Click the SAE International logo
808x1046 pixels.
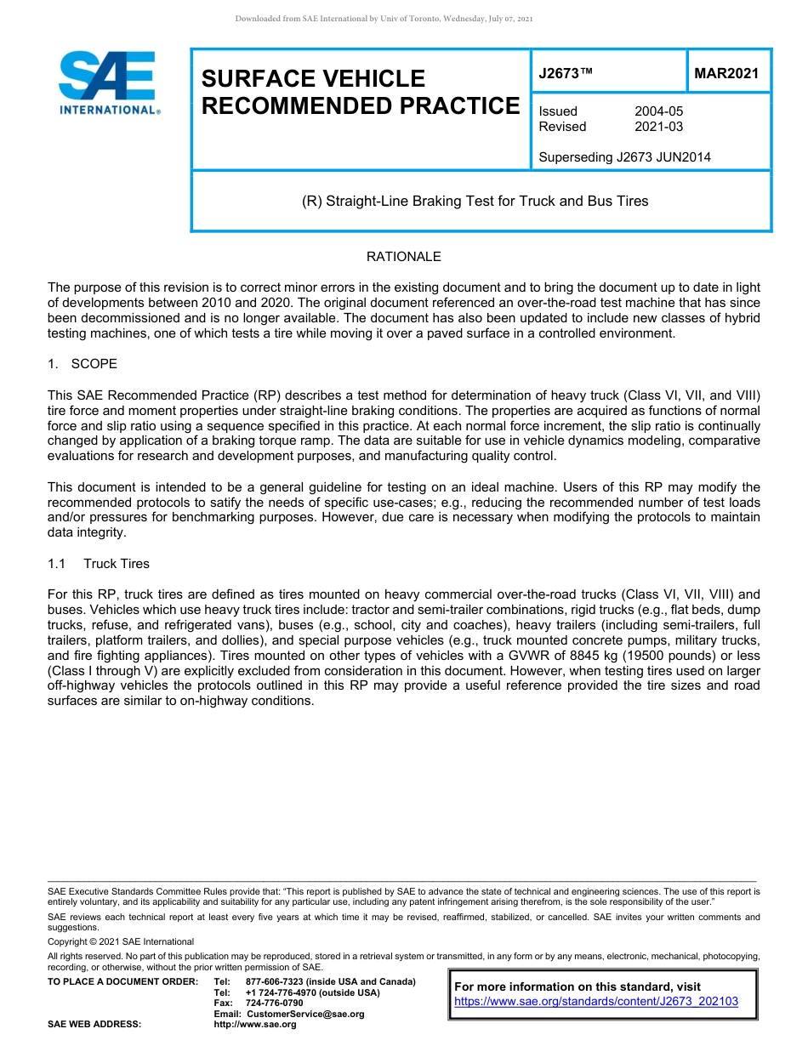(x=109, y=82)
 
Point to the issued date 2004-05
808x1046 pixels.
(x=658, y=111)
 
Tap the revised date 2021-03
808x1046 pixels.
(x=658, y=127)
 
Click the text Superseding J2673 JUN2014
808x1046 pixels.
(x=624, y=156)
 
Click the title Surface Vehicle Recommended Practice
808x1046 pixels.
(x=359, y=92)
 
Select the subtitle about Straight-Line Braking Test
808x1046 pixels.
(x=475, y=202)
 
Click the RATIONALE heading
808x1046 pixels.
(x=403, y=257)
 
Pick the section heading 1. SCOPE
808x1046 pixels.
(x=83, y=364)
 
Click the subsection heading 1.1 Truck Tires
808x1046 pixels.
(x=99, y=564)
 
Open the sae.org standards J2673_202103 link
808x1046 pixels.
(x=596, y=1002)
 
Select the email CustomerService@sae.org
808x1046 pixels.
(x=304, y=1014)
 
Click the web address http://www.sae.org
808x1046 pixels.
(x=254, y=1025)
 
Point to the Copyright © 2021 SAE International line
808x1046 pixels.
(x=121, y=941)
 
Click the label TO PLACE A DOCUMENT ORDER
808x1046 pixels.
(x=122, y=981)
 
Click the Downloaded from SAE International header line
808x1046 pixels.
(x=384, y=19)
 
